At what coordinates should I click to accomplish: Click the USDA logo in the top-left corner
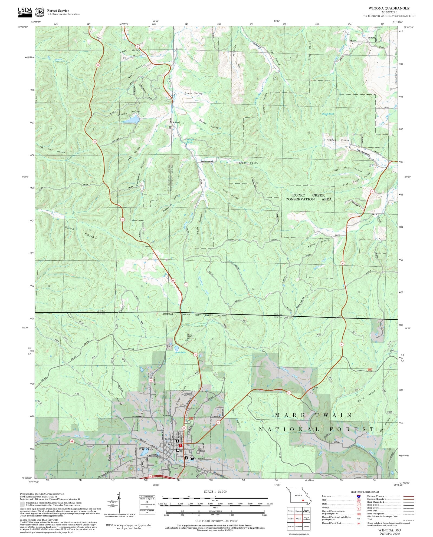click(25, 12)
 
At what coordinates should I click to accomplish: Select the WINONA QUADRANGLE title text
click(389, 8)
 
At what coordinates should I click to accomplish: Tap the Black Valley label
click(193, 93)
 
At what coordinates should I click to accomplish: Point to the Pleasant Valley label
click(247, 163)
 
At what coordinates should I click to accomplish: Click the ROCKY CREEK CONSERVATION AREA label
click(308, 197)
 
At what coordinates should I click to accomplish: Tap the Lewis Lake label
click(180, 352)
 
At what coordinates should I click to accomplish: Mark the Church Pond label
click(327, 114)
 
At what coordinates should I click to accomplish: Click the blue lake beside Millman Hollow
click(131, 119)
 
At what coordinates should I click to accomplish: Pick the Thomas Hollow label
click(338, 140)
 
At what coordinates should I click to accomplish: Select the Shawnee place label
click(371, 38)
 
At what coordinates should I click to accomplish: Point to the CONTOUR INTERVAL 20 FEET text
click(216, 521)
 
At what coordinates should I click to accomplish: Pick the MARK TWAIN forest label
click(313, 415)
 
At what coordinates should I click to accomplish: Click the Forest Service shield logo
click(40, 12)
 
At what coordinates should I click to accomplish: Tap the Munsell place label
click(176, 122)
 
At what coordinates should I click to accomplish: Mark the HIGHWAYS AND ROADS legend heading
click(365, 492)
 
